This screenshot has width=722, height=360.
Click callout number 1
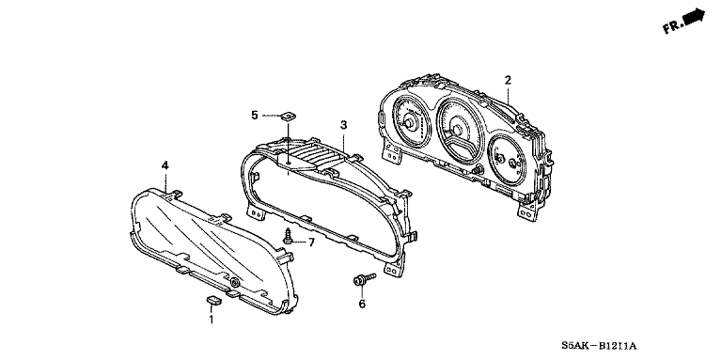(212, 320)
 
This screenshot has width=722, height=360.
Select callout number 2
(508, 80)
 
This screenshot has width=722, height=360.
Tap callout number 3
(343, 125)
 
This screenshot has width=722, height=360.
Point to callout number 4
(165, 165)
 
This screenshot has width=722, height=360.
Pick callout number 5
(255, 115)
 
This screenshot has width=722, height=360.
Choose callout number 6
(362, 304)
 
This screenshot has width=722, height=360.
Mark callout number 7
(311, 243)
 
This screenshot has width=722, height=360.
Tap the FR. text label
(673, 26)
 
